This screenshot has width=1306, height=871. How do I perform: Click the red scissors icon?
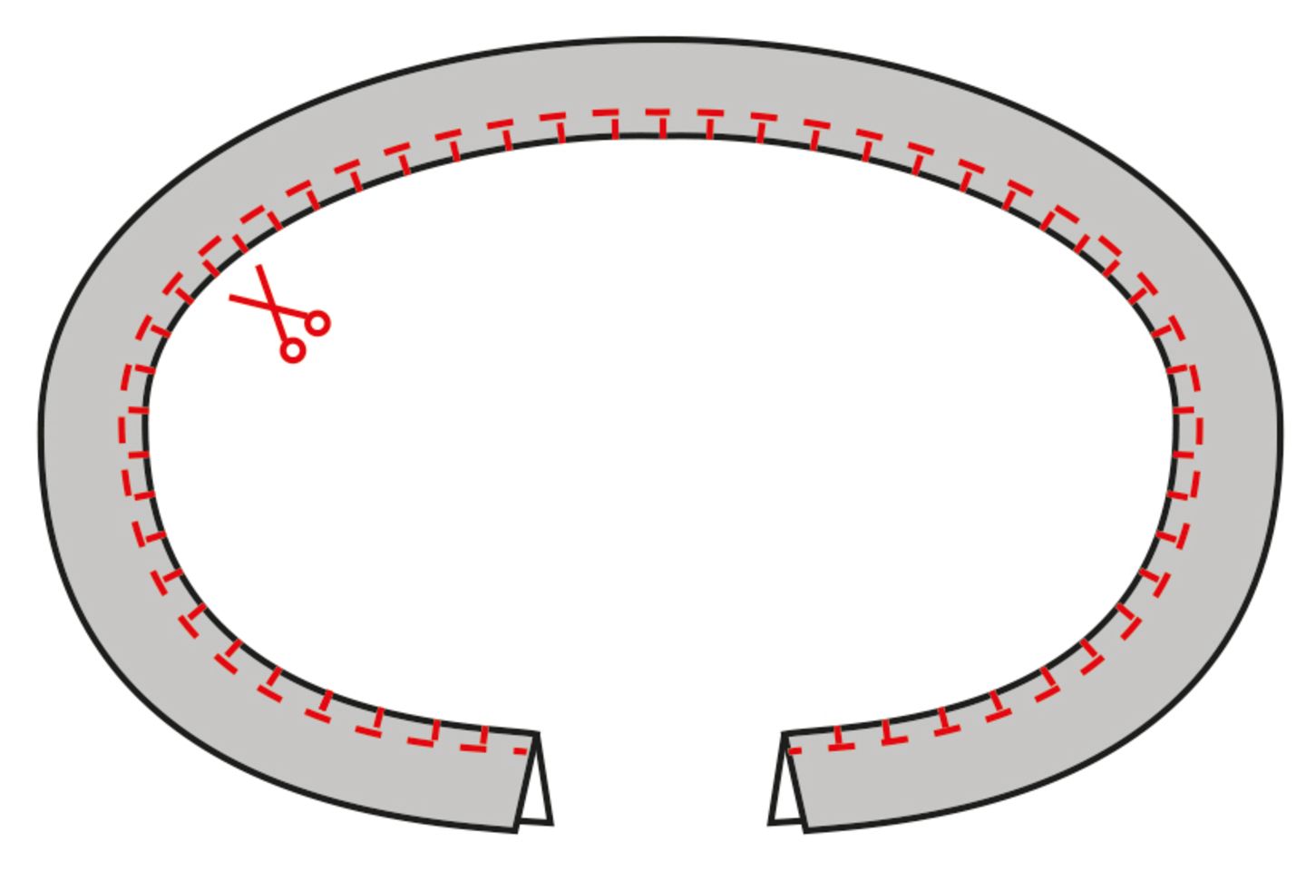279,314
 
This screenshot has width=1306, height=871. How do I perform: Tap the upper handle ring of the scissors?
317,322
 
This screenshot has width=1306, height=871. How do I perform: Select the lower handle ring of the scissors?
292,349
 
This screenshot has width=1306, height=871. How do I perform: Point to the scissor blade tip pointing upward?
258,267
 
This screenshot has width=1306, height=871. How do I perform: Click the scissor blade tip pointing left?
230,297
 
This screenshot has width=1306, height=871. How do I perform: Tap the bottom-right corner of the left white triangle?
551,823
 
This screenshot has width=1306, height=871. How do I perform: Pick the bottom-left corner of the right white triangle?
771,823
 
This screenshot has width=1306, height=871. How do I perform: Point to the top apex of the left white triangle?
538,735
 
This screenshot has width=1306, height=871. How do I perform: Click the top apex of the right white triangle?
785,735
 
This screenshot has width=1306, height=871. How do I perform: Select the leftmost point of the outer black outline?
41,426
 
